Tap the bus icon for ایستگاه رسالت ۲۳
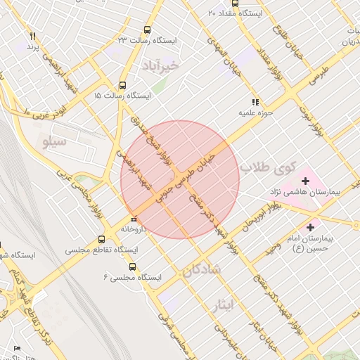point(147,30)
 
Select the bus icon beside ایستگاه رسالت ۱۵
point(123,84)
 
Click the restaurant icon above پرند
point(32,36)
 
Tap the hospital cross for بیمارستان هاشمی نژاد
point(304,181)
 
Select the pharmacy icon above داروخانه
point(134,218)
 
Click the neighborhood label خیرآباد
point(161,65)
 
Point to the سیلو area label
point(53,144)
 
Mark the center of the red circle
point(180,180)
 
